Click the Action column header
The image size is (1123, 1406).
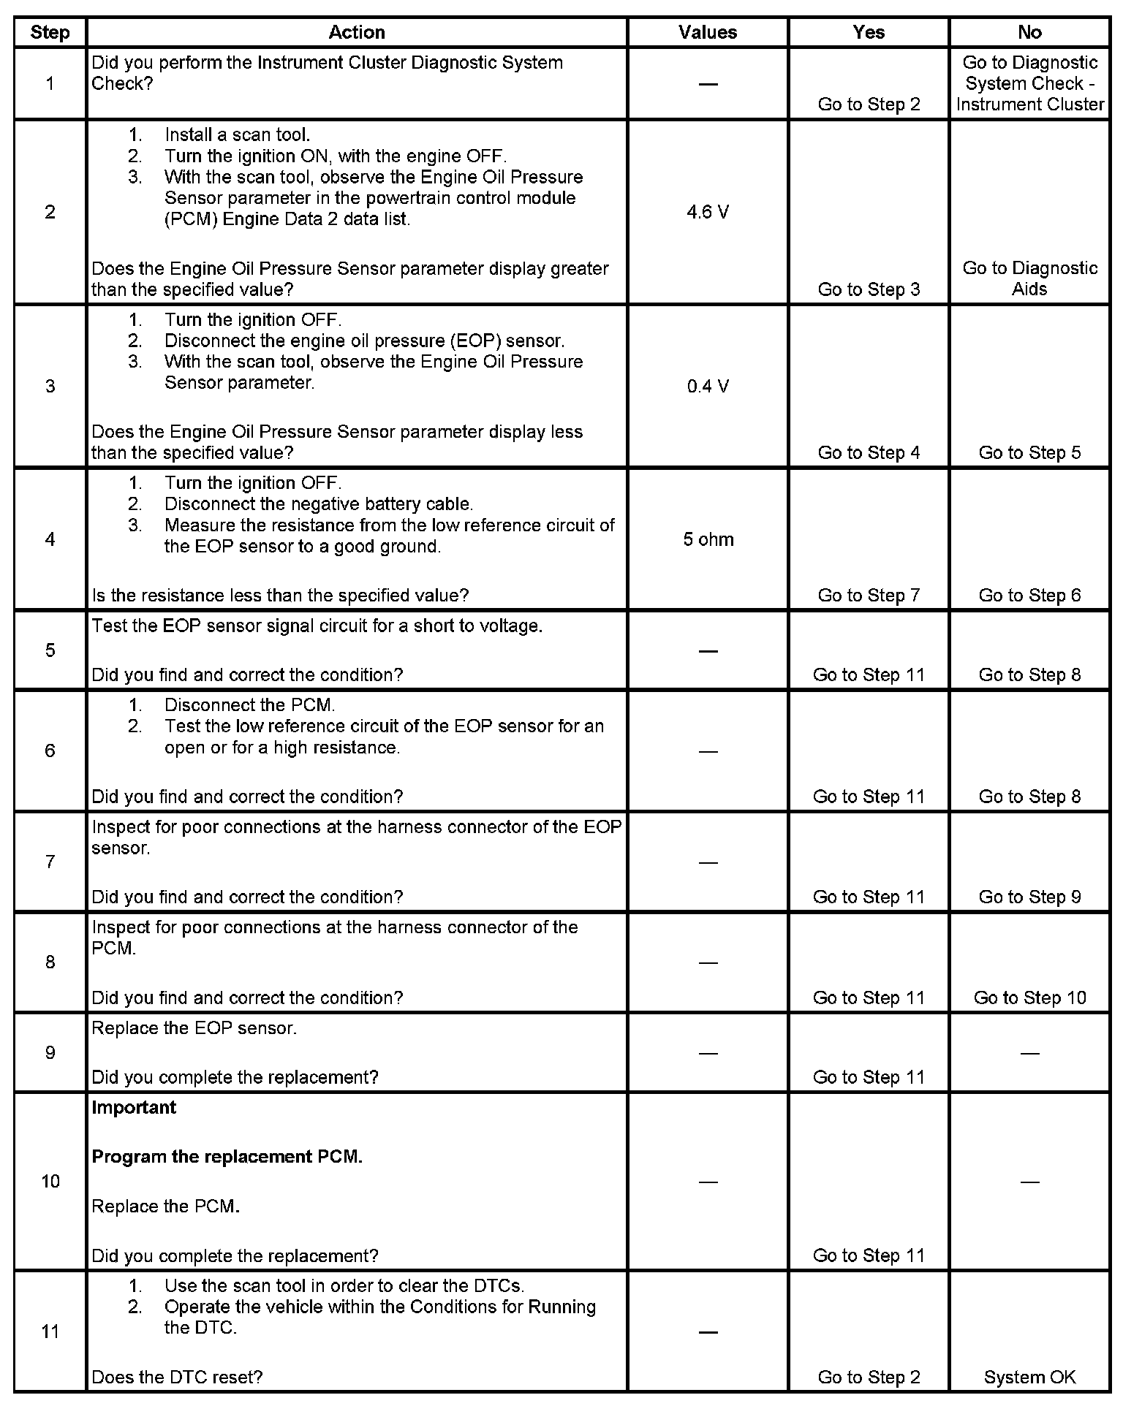tap(356, 32)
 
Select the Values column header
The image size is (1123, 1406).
tap(707, 32)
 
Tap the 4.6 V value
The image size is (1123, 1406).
tap(707, 212)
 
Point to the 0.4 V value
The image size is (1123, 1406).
tap(707, 386)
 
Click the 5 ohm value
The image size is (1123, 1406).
tap(708, 539)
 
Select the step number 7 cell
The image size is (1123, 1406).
tap(50, 862)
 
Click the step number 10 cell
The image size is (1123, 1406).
tap(50, 1181)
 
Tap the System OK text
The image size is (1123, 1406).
tap(1029, 1377)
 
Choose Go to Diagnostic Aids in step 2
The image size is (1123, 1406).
tap(1029, 278)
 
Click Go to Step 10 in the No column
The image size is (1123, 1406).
tap(1029, 997)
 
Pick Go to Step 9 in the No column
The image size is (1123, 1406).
tap(1029, 897)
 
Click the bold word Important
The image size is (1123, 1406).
tap(134, 1107)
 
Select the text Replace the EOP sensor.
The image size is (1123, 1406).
tap(194, 1028)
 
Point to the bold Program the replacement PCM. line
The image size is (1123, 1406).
tap(227, 1157)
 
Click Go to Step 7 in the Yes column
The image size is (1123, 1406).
tap(869, 595)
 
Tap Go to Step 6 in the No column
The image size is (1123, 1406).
tap(1029, 595)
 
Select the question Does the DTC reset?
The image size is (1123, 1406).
tap(177, 1377)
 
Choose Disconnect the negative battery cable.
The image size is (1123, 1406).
tap(319, 503)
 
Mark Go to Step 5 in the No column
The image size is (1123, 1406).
tap(1029, 452)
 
